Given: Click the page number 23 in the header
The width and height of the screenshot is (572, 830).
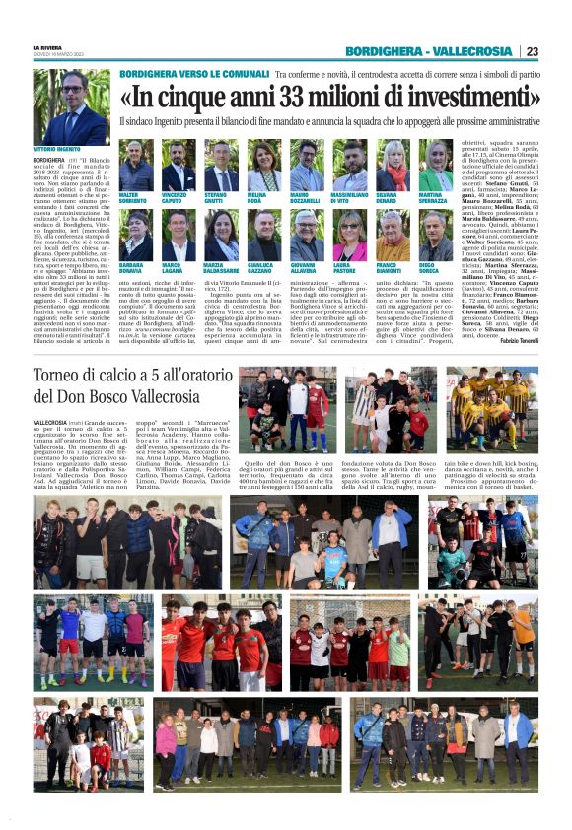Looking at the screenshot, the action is tap(532, 51).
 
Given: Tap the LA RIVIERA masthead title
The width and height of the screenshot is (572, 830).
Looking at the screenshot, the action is tap(46, 47).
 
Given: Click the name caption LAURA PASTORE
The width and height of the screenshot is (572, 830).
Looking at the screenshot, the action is tap(346, 269).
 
